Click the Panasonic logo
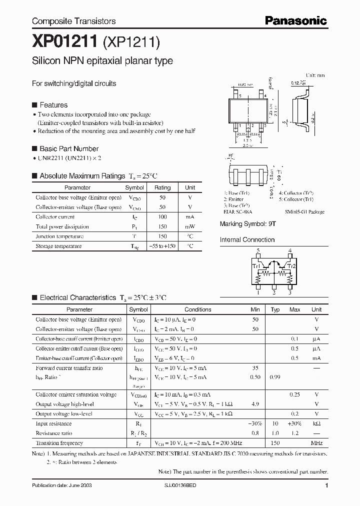tap(295, 20)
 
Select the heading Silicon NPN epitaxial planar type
tap(102, 61)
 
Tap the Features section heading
tap(53, 105)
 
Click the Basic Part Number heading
tap(69, 148)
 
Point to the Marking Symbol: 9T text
tap(247, 224)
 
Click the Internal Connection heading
tap(247, 239)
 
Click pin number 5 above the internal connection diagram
tap(258, 250)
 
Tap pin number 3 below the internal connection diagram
tap(289, 292)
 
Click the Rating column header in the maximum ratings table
tap(162, 187)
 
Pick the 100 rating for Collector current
tap(162, 217)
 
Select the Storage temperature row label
tap(58, 246)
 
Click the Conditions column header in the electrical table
tap(197, 309)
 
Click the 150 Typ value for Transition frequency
tap(275, 443)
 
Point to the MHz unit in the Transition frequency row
tap(316, 443)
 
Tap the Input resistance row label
tap(53, 424)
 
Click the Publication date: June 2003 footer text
tap(61, 485)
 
